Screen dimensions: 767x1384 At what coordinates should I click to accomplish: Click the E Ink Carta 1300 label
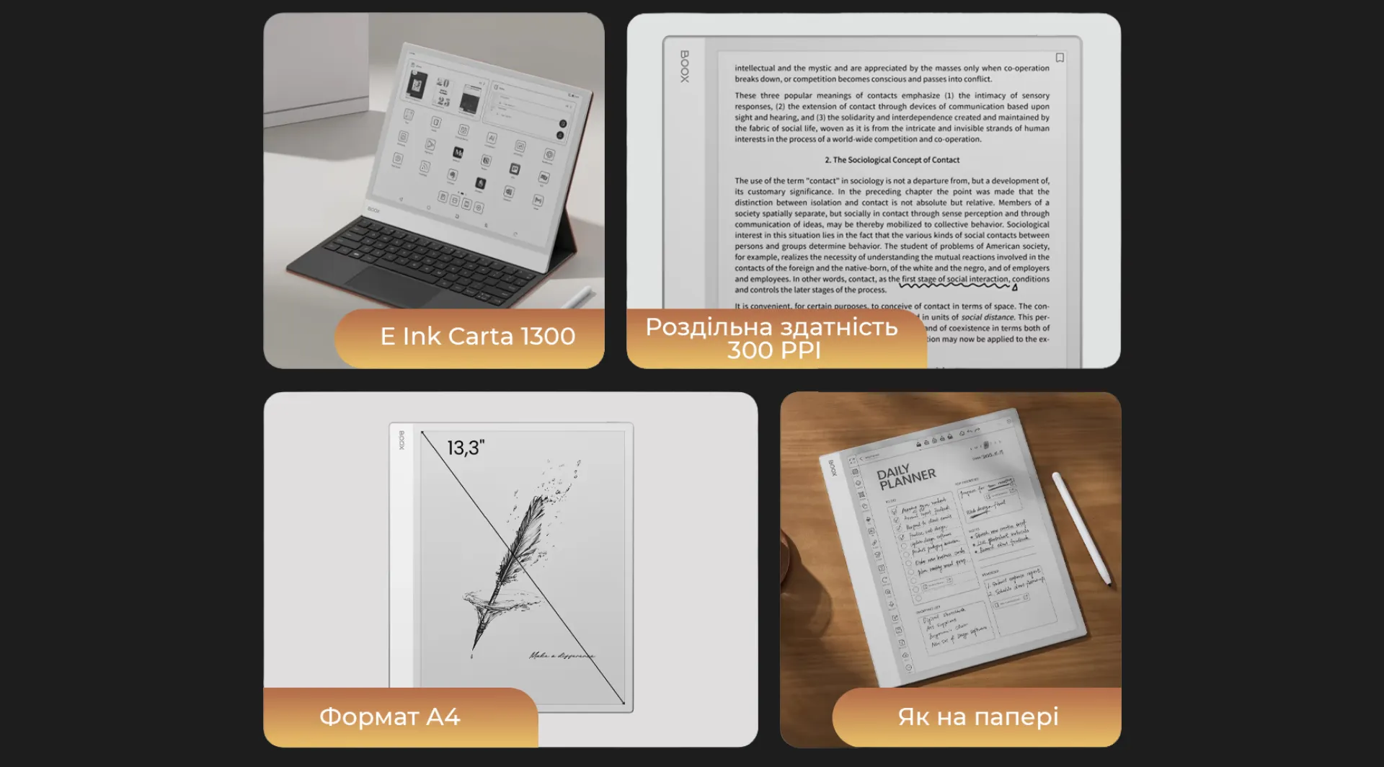click(477, 337)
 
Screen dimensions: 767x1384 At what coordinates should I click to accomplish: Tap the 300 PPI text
click(773, 351)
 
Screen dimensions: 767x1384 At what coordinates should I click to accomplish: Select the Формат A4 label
click(389, 717)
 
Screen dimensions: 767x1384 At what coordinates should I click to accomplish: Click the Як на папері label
click(977, 717)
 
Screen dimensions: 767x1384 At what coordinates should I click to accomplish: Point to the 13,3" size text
click(466, 448)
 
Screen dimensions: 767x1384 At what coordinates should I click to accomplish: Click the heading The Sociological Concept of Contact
click(892, 160)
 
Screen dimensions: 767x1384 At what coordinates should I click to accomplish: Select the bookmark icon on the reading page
click(1060, 58)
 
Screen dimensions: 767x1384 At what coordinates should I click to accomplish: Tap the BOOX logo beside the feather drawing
click(402, 440)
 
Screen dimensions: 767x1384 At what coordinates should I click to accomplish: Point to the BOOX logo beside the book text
click(685, 66)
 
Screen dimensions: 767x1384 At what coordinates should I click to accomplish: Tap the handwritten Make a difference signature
click(562, 655)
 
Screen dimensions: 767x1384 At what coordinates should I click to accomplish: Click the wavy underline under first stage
click(955, 285)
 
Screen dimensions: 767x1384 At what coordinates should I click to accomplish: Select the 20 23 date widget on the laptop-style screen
click(443, 92)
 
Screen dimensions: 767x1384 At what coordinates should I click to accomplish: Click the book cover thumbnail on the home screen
click(417, 85)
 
